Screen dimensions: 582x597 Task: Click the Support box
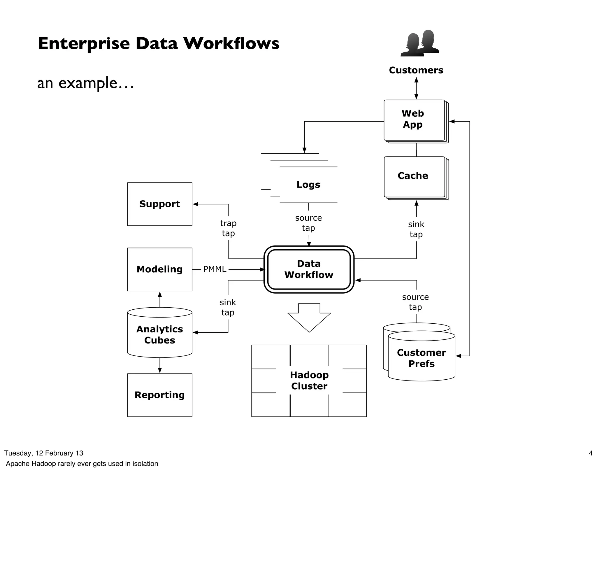click(x=159, y=204)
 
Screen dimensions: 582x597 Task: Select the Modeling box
click(x=159, y=269)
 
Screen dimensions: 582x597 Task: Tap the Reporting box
click(x=159, y=395)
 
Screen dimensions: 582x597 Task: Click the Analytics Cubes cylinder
click(x=159, y=334)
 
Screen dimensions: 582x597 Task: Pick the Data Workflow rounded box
click(x=309, y=269)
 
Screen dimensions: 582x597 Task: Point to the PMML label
click(x=215, y=269)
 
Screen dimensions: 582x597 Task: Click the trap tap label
click(x=228, y=228)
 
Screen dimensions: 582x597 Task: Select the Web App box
click(x=414, y=120)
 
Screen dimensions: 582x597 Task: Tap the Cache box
click(x=414, y=176)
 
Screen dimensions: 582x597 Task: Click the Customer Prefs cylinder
click(x=421, y=358)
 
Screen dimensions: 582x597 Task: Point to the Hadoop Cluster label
click(x=309, y=380)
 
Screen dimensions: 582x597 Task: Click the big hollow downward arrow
click(x=309, y=318)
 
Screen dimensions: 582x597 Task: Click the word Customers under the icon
click(x=416, y=70)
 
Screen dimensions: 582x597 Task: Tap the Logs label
click(x=308, y=184)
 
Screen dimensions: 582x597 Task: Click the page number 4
click(x=590, y=453)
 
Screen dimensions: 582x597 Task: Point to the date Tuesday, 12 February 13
click(x=43, y=453)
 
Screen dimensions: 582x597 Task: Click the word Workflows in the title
click(x=231, y=43)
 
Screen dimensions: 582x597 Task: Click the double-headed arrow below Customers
click(x=416, y=88)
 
